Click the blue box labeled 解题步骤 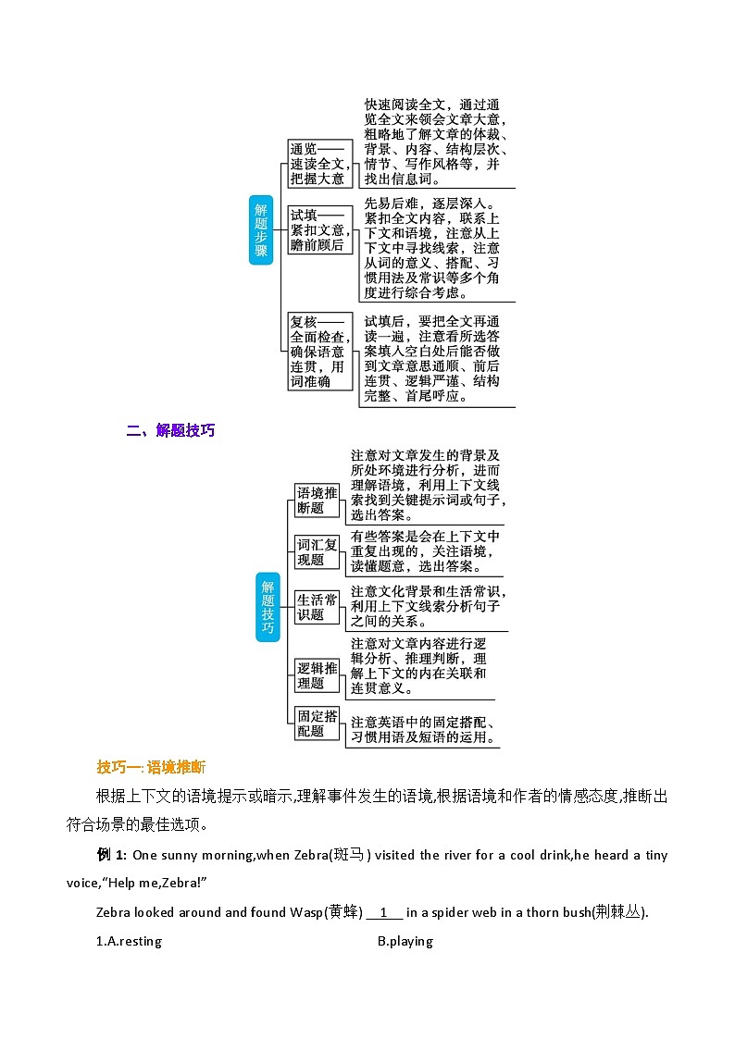click(261, 229)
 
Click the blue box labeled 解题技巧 click(268, 606)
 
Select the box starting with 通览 click(318, 164)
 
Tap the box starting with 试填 click(318, 230)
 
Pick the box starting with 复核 click(318, 351)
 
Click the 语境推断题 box click(317, 500)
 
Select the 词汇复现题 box click(317, 552)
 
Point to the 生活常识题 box click(317, 607)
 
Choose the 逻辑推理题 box click(317, 675)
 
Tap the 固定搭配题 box click(317, 724)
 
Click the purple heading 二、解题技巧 click(170, 430)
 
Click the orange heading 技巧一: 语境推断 click(151, 767)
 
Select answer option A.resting click(130, 942)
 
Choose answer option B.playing click(405, 942)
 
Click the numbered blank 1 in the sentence click(385, 912)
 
